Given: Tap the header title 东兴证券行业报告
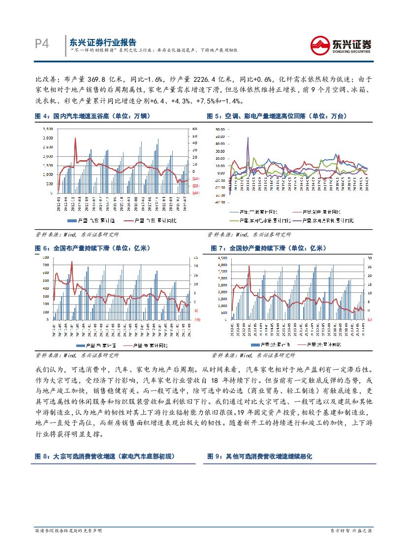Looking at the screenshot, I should point(102,42).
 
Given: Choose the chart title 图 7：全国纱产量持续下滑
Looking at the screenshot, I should point(268,248).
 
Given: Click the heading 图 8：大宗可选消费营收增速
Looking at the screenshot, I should point(105,456).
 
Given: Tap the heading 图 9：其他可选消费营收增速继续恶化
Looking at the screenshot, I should point(259,456).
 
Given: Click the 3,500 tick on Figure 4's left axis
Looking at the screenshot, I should point(48,129).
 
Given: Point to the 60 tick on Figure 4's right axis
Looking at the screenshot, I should point(195,129).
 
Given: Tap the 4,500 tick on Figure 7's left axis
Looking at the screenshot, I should point(221,258).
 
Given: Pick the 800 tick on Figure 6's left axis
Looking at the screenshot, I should point(45,258).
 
